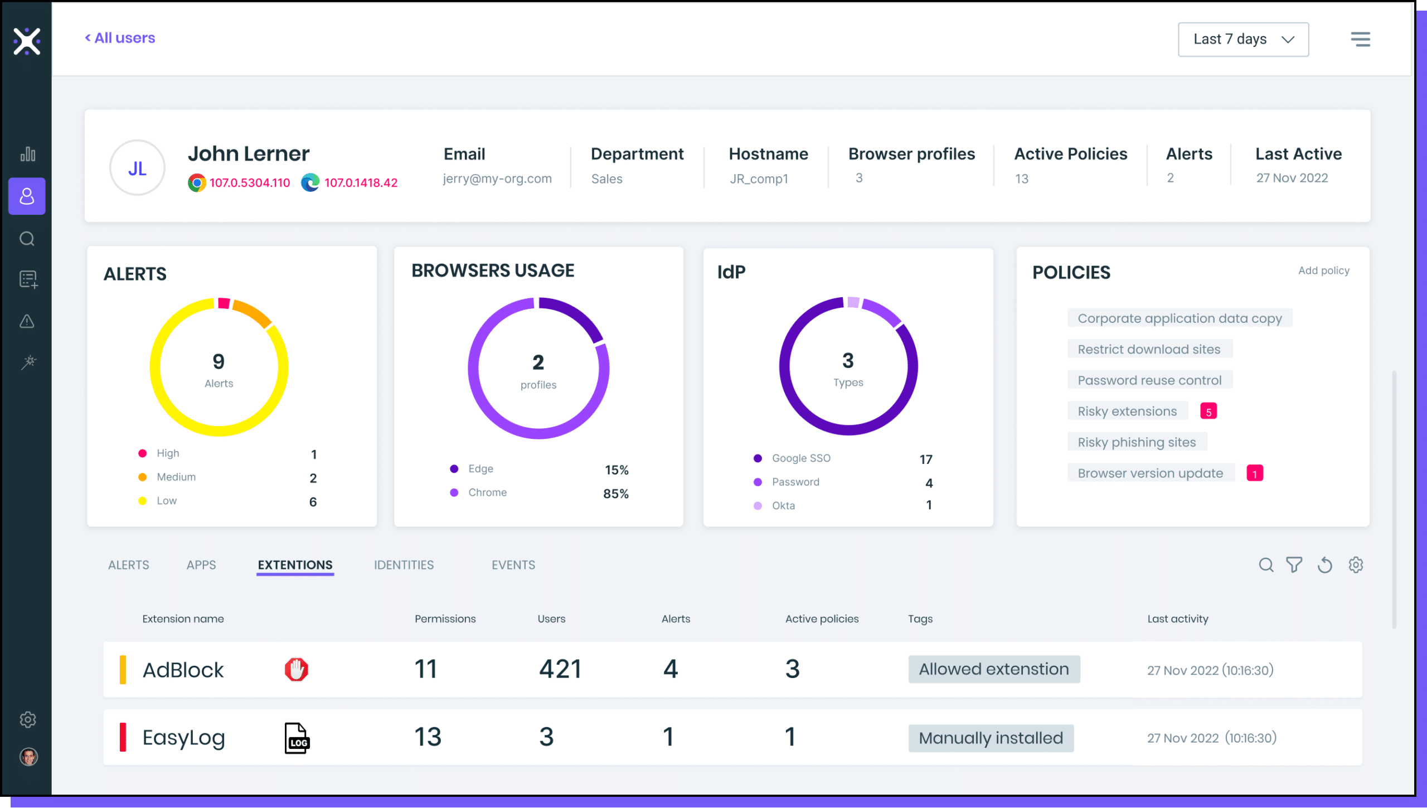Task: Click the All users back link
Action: tap(120, 38)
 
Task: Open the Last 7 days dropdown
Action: tap(1242, 40)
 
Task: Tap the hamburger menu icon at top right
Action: tap(1360, 39)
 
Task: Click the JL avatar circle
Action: tap(137, 168)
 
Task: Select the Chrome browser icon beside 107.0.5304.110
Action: tap(196, 183)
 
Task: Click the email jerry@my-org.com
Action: tap(497, 179)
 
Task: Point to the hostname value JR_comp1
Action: tap(759, 179)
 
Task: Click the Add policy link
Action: tap(1323, 270)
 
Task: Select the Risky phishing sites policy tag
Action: tap(1136, 442)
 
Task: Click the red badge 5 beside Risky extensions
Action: tap(1208, 412)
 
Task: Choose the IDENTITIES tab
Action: tap(404, 565)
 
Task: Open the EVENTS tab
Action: tap(513, 565)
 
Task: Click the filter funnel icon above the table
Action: tap(1294, 565)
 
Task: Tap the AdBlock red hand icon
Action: tap(296, 669)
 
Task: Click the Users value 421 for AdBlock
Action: tap(560, 669)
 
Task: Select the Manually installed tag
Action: tap(991, 738)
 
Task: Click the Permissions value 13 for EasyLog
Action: tap(428, 737)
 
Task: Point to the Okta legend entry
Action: tap(783, 506)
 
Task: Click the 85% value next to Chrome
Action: tap(615, 493)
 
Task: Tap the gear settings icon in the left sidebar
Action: tap(27, 719)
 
